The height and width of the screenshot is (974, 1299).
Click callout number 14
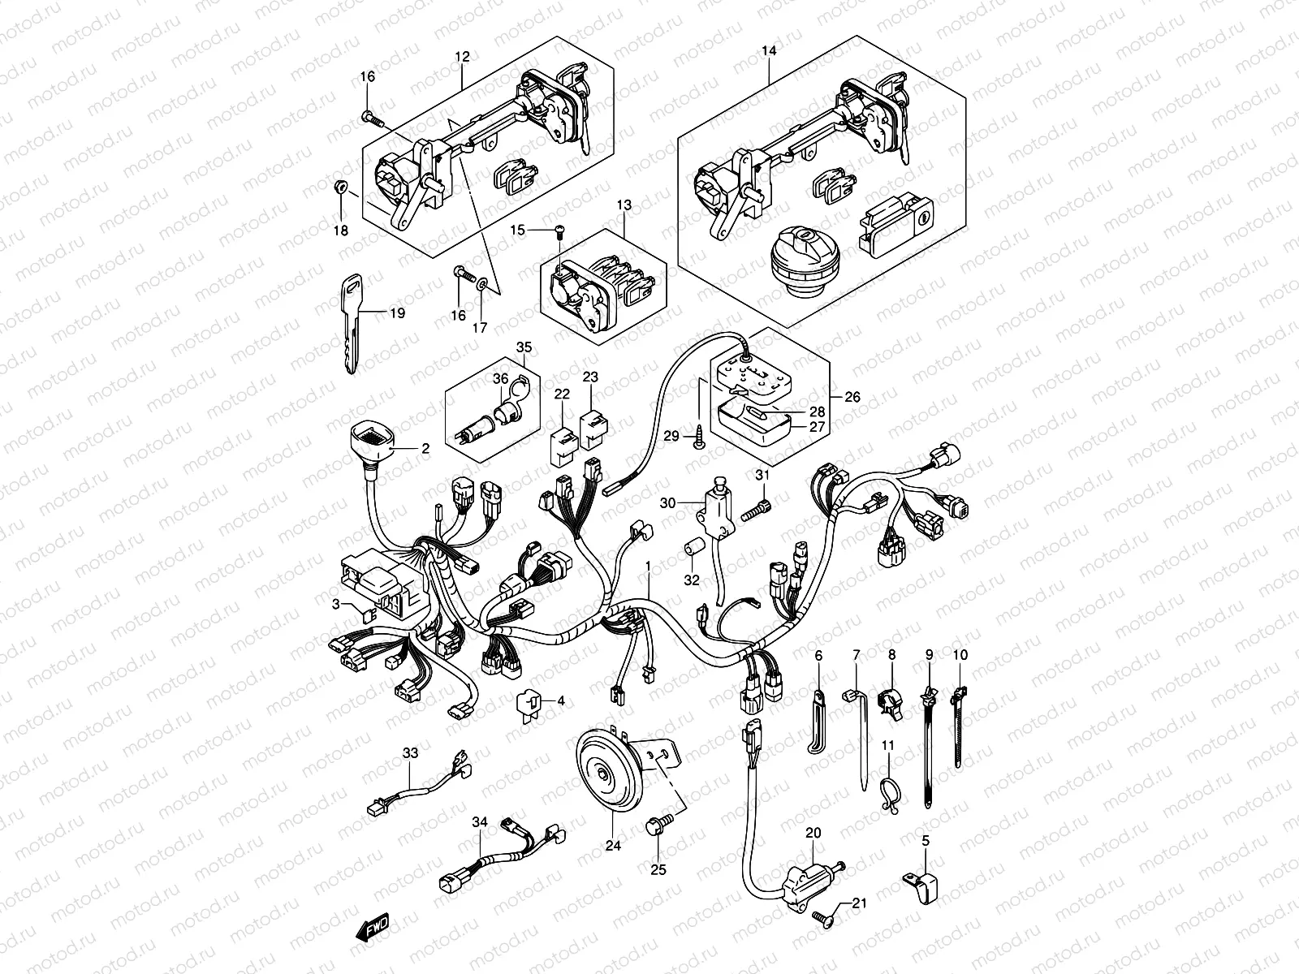coord(769,51)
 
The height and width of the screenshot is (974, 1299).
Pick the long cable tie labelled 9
coord(928,747)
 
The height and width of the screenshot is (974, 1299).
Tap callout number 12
coord(462,58)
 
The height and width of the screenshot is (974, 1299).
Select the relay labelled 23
coord(592,423)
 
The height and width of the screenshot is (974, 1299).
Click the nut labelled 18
coord(341,188)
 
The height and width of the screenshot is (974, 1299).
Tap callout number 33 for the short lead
coord(411,753)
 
